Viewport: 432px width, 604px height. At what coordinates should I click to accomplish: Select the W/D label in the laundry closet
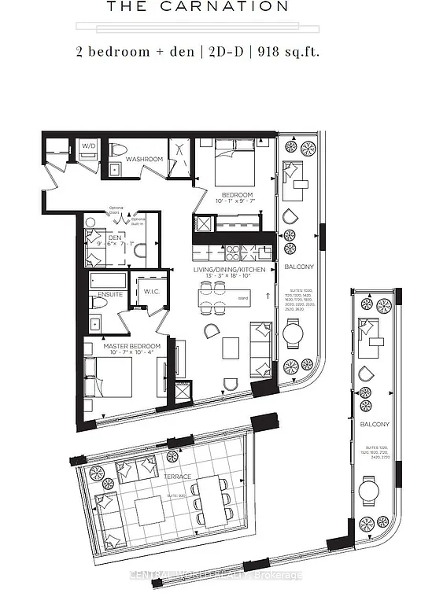tap(87, 145)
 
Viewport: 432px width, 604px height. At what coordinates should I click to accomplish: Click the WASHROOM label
tap(146, 160)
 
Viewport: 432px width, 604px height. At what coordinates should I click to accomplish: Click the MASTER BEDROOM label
tap(132, 346)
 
